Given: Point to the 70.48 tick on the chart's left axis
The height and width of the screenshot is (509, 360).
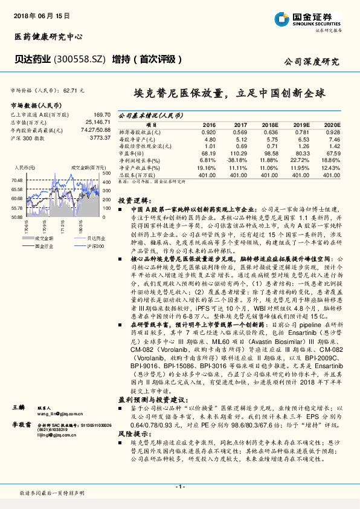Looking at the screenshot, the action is point(16,180).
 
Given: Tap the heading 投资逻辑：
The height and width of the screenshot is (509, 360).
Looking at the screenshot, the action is point(132,199).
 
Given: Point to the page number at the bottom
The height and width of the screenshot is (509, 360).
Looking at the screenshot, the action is point(179,487).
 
